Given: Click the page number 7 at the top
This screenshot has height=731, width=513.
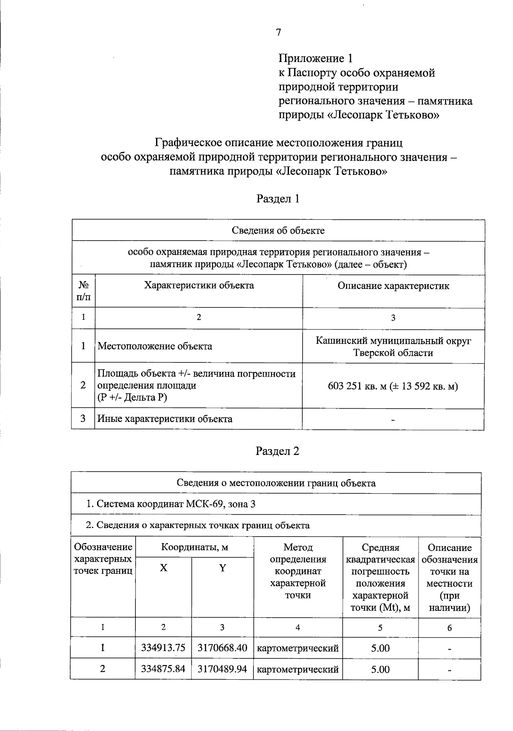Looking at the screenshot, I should point(278,32).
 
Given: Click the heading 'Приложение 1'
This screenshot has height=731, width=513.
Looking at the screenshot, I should point(316,58).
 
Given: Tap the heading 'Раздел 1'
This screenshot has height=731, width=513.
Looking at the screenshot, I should point(278,198).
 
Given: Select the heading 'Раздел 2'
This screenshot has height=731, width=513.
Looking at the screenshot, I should point(278,451).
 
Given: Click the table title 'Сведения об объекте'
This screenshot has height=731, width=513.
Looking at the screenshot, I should point(278,231).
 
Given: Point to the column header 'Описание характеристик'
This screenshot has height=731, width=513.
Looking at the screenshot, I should point(393,286).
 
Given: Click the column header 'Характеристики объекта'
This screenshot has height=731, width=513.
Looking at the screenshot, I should point(199,286).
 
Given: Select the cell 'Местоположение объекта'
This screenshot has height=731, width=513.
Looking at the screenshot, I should point(155,346).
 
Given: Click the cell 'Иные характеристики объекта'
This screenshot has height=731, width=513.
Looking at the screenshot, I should point(165,419).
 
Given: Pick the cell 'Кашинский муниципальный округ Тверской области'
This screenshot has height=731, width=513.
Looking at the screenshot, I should point(393,347).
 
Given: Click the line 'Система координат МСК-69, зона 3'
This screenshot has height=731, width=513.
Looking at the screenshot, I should point(171,504).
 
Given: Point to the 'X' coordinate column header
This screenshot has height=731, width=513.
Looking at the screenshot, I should point(163,568).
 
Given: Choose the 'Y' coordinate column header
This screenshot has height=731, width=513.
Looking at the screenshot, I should point(222,568).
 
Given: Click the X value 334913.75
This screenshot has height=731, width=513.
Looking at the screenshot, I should point(163,648).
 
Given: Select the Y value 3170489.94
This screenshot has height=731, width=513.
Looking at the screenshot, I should point(222,669).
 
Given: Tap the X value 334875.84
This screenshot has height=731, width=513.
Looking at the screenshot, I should point(163,669).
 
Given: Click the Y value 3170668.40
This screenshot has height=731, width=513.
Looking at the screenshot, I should point(222,648).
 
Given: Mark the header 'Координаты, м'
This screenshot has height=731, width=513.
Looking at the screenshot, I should point(195,548).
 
